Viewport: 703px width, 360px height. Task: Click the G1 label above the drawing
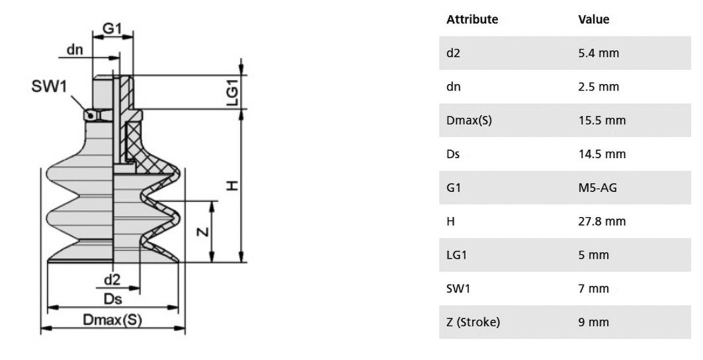[112, 28]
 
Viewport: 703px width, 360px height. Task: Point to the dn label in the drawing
[75, 50]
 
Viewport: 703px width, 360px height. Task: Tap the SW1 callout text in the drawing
[49, 86]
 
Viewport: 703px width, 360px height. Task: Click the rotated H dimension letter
[231, 185]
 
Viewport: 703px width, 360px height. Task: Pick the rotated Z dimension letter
[203, 232]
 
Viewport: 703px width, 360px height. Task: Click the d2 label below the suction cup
[112, 280]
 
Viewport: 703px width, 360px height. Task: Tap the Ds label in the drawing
[112, 299]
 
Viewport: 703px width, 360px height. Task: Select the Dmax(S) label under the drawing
[112, 320]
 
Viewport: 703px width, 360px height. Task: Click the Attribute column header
[472, 19]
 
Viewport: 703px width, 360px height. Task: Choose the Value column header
[594, 19]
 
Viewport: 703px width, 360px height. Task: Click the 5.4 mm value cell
[599, 53]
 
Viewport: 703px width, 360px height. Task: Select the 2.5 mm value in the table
[599, 87]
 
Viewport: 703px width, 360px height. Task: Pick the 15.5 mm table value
[602, 120]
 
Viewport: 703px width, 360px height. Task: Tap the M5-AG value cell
[597, 188]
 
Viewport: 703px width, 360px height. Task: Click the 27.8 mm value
[602, 221]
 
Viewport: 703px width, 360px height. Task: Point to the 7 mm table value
[594, 289]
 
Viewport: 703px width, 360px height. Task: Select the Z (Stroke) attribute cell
[473, 322]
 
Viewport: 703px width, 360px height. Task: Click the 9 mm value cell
[594, 322]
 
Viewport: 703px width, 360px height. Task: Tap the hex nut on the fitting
[98, 115]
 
